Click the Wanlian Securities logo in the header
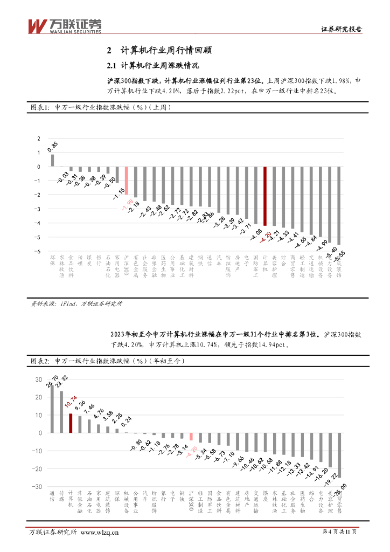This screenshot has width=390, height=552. [x=64, y=25]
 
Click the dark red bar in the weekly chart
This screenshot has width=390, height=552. [x=264, y=196]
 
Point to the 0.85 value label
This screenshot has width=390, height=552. [x=53, y=146]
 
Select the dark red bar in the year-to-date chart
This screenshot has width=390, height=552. [x=71, y=423]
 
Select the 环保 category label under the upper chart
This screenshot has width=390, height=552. [x=53, y=261]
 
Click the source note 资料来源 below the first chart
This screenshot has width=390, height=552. [x=76, y=304]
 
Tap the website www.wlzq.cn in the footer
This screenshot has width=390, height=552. [x=100, y=533]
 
